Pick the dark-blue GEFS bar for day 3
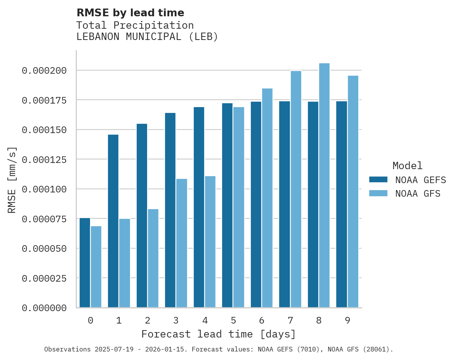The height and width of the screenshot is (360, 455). click(170, 210)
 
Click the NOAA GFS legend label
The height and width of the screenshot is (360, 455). click(418, 194)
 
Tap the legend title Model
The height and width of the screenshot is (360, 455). click(407, 166)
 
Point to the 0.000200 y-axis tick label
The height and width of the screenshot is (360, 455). click(44, 71)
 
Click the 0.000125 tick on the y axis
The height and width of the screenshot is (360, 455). click(44, 159)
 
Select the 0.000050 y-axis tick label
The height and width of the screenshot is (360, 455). click(44, 248)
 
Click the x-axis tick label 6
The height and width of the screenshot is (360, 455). click(262, 320)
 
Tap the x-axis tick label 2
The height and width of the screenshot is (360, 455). click(148, 320)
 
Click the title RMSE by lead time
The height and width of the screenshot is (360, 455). click(130, 13)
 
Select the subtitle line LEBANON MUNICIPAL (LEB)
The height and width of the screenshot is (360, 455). click(147, 37)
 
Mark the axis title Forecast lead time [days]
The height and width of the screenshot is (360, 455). click(219, 334)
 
